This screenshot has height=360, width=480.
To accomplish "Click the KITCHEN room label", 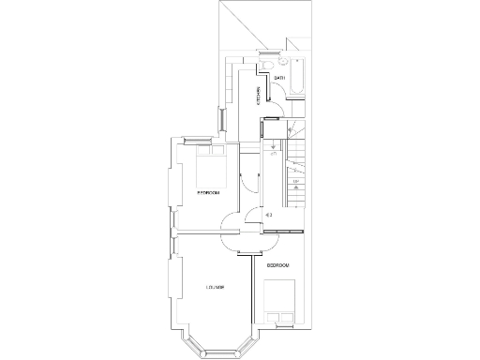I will pyautogui.click(x=259, y=97).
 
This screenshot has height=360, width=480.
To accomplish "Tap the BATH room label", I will pyautogui.click(x=279, y=78).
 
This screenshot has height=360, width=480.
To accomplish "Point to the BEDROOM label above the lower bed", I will pyautogui.click(x=278, y=266).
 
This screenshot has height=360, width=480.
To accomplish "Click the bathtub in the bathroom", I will pyautogui.click(x=297, y=80).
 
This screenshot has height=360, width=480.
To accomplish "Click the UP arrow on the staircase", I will pyautogui.click(x=296, y=183).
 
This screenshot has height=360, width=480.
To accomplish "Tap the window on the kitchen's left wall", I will pyautogui.click(x=222, y=121).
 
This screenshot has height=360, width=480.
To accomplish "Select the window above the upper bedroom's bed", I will pyautogui.click(x=200, y=140).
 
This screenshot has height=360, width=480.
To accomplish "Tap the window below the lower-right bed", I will pyautogui.click(x=281, y=327).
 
